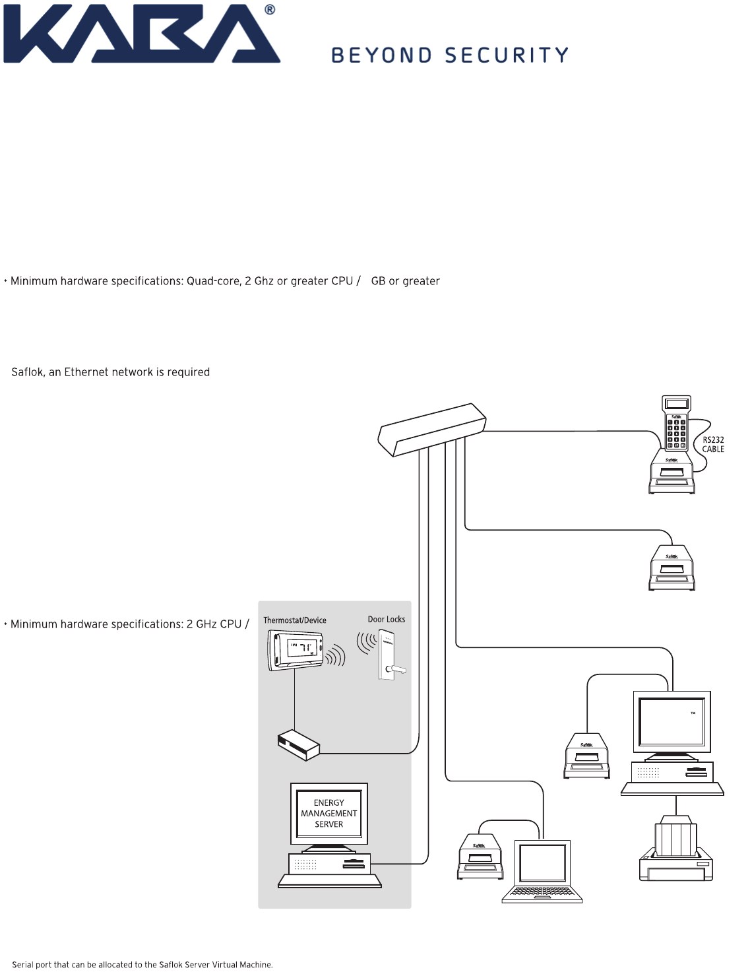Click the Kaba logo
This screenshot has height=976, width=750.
(x=142, y=34)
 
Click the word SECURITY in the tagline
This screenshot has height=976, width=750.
(x=507, y=55)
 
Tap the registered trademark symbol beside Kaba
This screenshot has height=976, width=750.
(x=270, y=10)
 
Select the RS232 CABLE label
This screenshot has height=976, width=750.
(x=712, y=445)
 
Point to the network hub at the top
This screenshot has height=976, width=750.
(x=432, y=430)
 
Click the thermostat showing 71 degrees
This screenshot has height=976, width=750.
(x=296, y=650)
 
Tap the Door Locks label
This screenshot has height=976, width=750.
(x=387, y=619)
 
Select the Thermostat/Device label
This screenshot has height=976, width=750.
(x=295, y=620)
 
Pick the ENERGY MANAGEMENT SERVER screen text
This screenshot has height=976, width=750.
(x=329, y=814)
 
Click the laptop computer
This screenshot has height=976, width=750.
(x=542, y=871)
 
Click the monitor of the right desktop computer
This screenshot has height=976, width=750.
(x=672, y=723)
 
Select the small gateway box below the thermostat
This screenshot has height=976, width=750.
(x=299, y=744)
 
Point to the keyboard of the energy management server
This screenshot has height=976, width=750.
(x=330, y=881)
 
